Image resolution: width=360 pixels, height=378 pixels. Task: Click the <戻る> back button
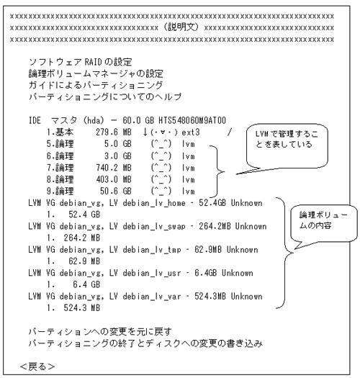click(37, 366)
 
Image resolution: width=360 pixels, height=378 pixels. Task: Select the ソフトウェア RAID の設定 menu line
click(81, 62)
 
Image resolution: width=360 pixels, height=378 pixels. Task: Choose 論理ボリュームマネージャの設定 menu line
click(96, 73)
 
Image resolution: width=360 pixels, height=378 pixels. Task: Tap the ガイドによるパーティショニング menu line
click(96, 85)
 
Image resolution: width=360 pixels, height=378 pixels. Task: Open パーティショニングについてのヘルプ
click(105, 96)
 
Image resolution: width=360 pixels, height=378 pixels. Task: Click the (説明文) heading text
click(181, 27)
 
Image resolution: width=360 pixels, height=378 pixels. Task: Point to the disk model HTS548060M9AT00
click(192, 120)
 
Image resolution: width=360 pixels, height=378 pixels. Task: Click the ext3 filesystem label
click(191, 132)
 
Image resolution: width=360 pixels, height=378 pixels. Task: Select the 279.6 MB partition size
click(114, 132)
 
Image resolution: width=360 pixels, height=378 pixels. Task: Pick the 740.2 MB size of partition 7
click(114, 167)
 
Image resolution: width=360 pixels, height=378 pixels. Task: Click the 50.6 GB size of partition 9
click(116, 191)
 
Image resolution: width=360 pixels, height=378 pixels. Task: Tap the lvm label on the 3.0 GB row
click(189, 156)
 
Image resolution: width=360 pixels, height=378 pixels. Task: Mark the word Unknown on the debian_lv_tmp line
click(243, 250)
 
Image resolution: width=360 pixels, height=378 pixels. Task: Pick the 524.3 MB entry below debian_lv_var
click(82, 308)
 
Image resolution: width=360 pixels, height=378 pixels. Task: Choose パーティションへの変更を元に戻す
click(100, 332)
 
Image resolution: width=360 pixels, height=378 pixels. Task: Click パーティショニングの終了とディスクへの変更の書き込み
click(145, 343)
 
